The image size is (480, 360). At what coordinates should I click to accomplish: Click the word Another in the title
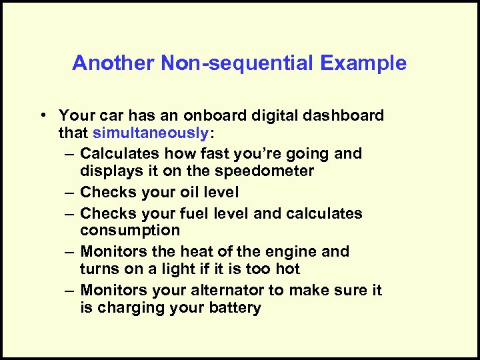coord(113,63)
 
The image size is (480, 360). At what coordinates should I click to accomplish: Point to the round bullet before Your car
coord(41,115)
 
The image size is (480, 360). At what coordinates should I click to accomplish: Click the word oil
coord(191,192)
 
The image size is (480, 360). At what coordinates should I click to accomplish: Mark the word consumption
coord(130,231)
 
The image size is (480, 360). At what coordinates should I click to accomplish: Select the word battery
coord(234,308)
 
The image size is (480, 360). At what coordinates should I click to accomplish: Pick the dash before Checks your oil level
coord(70,192)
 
